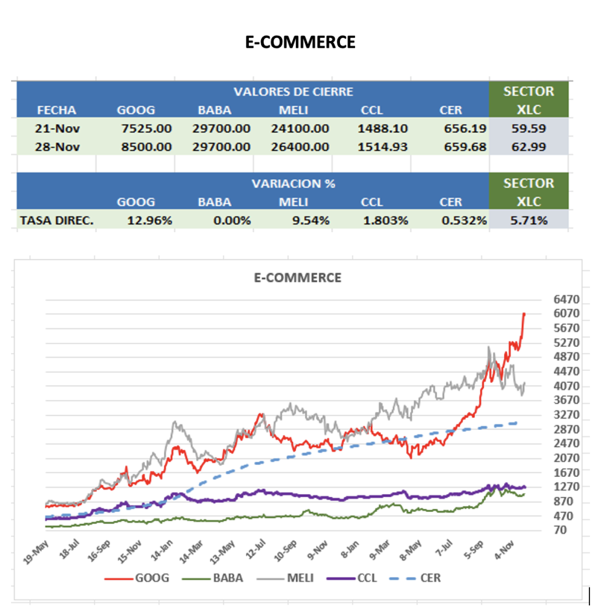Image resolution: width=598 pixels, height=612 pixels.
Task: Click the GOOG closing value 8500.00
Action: coord(144,147)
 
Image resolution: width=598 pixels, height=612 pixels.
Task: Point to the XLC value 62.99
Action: coord(529,147)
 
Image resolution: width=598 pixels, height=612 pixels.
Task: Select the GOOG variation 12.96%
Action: coord(149,220)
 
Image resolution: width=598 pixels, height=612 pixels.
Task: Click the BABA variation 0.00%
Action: coord(232,220)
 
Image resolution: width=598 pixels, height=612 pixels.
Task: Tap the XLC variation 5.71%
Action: coord(529,220)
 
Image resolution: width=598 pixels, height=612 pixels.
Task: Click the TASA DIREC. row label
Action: coord(57,220)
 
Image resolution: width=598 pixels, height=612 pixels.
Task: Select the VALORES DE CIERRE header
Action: coord(293,92)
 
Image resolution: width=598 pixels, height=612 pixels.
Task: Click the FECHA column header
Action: coord(57,111)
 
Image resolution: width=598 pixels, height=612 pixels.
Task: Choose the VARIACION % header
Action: coord(293,183)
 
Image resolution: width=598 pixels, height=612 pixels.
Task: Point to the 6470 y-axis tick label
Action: coord(566,299)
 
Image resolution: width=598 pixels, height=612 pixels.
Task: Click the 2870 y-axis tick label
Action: coord(566,429)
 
